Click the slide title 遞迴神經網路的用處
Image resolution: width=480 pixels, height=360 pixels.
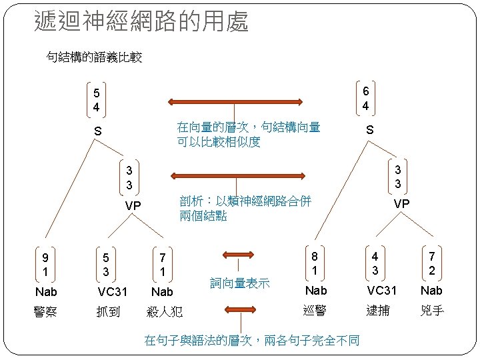click(x=141, y=21)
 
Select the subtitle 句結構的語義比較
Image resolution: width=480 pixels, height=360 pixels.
click(x=94, y=58)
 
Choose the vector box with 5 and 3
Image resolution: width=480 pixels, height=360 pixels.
click(x=106, y=265)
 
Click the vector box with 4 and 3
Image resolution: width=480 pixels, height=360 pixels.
click(x=375, y=263)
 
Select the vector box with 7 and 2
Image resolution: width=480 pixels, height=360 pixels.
click(x=433, y=263)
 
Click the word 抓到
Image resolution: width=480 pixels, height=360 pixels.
click(x=107, y=311)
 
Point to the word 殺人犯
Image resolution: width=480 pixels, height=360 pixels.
click(x=165, y=311)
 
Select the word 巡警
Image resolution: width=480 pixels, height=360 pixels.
click(x=315, y=310)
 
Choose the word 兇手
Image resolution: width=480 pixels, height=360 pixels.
click(x=433, y=310)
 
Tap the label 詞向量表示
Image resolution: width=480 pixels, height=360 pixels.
click(x=240, y=283)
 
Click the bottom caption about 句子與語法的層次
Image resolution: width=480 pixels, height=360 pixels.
click(x=252, y=341)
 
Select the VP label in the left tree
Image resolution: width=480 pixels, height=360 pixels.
click(x=133, y=206)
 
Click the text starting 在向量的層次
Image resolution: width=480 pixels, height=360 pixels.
click(x=248, y=134)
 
